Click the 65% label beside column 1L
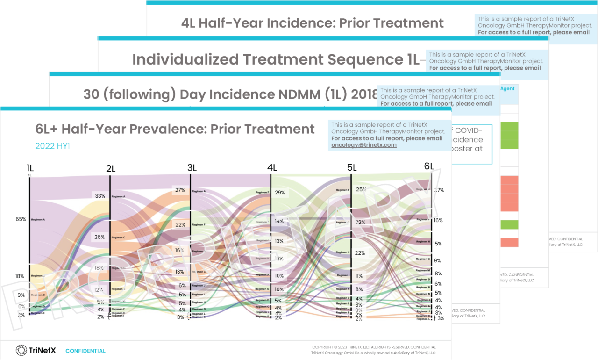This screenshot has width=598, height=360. click(20, 219)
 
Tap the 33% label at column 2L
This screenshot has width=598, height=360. click(100, 196)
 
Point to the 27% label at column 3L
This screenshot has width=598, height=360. click(180, 190)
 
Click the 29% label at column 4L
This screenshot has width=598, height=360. click(280, 193)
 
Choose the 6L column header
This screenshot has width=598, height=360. click(429, 166)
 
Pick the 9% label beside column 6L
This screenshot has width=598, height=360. click(437, 260)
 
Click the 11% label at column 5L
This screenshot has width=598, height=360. click(359, 276)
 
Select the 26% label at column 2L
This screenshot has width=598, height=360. click(100, 237)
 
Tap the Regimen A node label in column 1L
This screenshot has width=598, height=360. click(38, 219)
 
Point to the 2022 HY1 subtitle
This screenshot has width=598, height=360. click(52, 146)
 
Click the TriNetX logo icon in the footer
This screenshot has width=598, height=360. click(21, 350)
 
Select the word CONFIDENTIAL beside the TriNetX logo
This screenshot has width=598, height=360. click(85, 351)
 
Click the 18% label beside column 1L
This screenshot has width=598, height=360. click(20, 276)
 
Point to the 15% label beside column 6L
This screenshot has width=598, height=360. click(437, 244)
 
